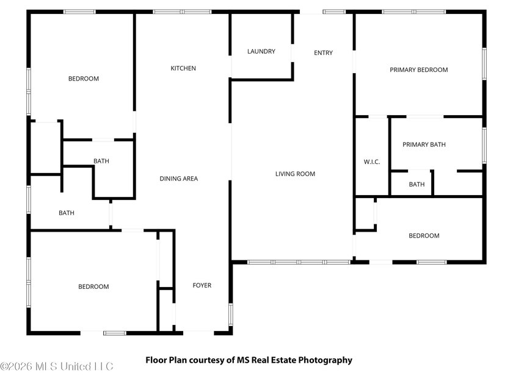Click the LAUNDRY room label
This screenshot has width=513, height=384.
261,51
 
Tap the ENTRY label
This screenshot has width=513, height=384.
323,52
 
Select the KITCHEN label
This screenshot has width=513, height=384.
183,68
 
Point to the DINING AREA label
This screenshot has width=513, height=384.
178,179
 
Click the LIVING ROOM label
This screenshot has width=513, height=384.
295,174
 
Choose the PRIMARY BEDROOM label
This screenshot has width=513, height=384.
419,70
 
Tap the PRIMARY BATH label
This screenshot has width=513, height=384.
424,144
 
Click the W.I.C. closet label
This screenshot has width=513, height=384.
372,162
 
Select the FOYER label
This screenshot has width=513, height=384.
202,285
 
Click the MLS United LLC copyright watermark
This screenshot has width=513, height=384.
57,366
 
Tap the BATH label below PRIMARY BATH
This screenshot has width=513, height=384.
417,185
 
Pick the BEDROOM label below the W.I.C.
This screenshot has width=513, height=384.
424,236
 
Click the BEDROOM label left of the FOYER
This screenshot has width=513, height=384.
93,286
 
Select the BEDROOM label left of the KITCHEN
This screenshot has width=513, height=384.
84,79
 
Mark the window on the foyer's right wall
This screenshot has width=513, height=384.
231,315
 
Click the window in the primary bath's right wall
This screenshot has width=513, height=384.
484,145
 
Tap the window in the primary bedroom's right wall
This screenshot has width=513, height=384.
484,63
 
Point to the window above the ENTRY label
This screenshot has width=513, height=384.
334,12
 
